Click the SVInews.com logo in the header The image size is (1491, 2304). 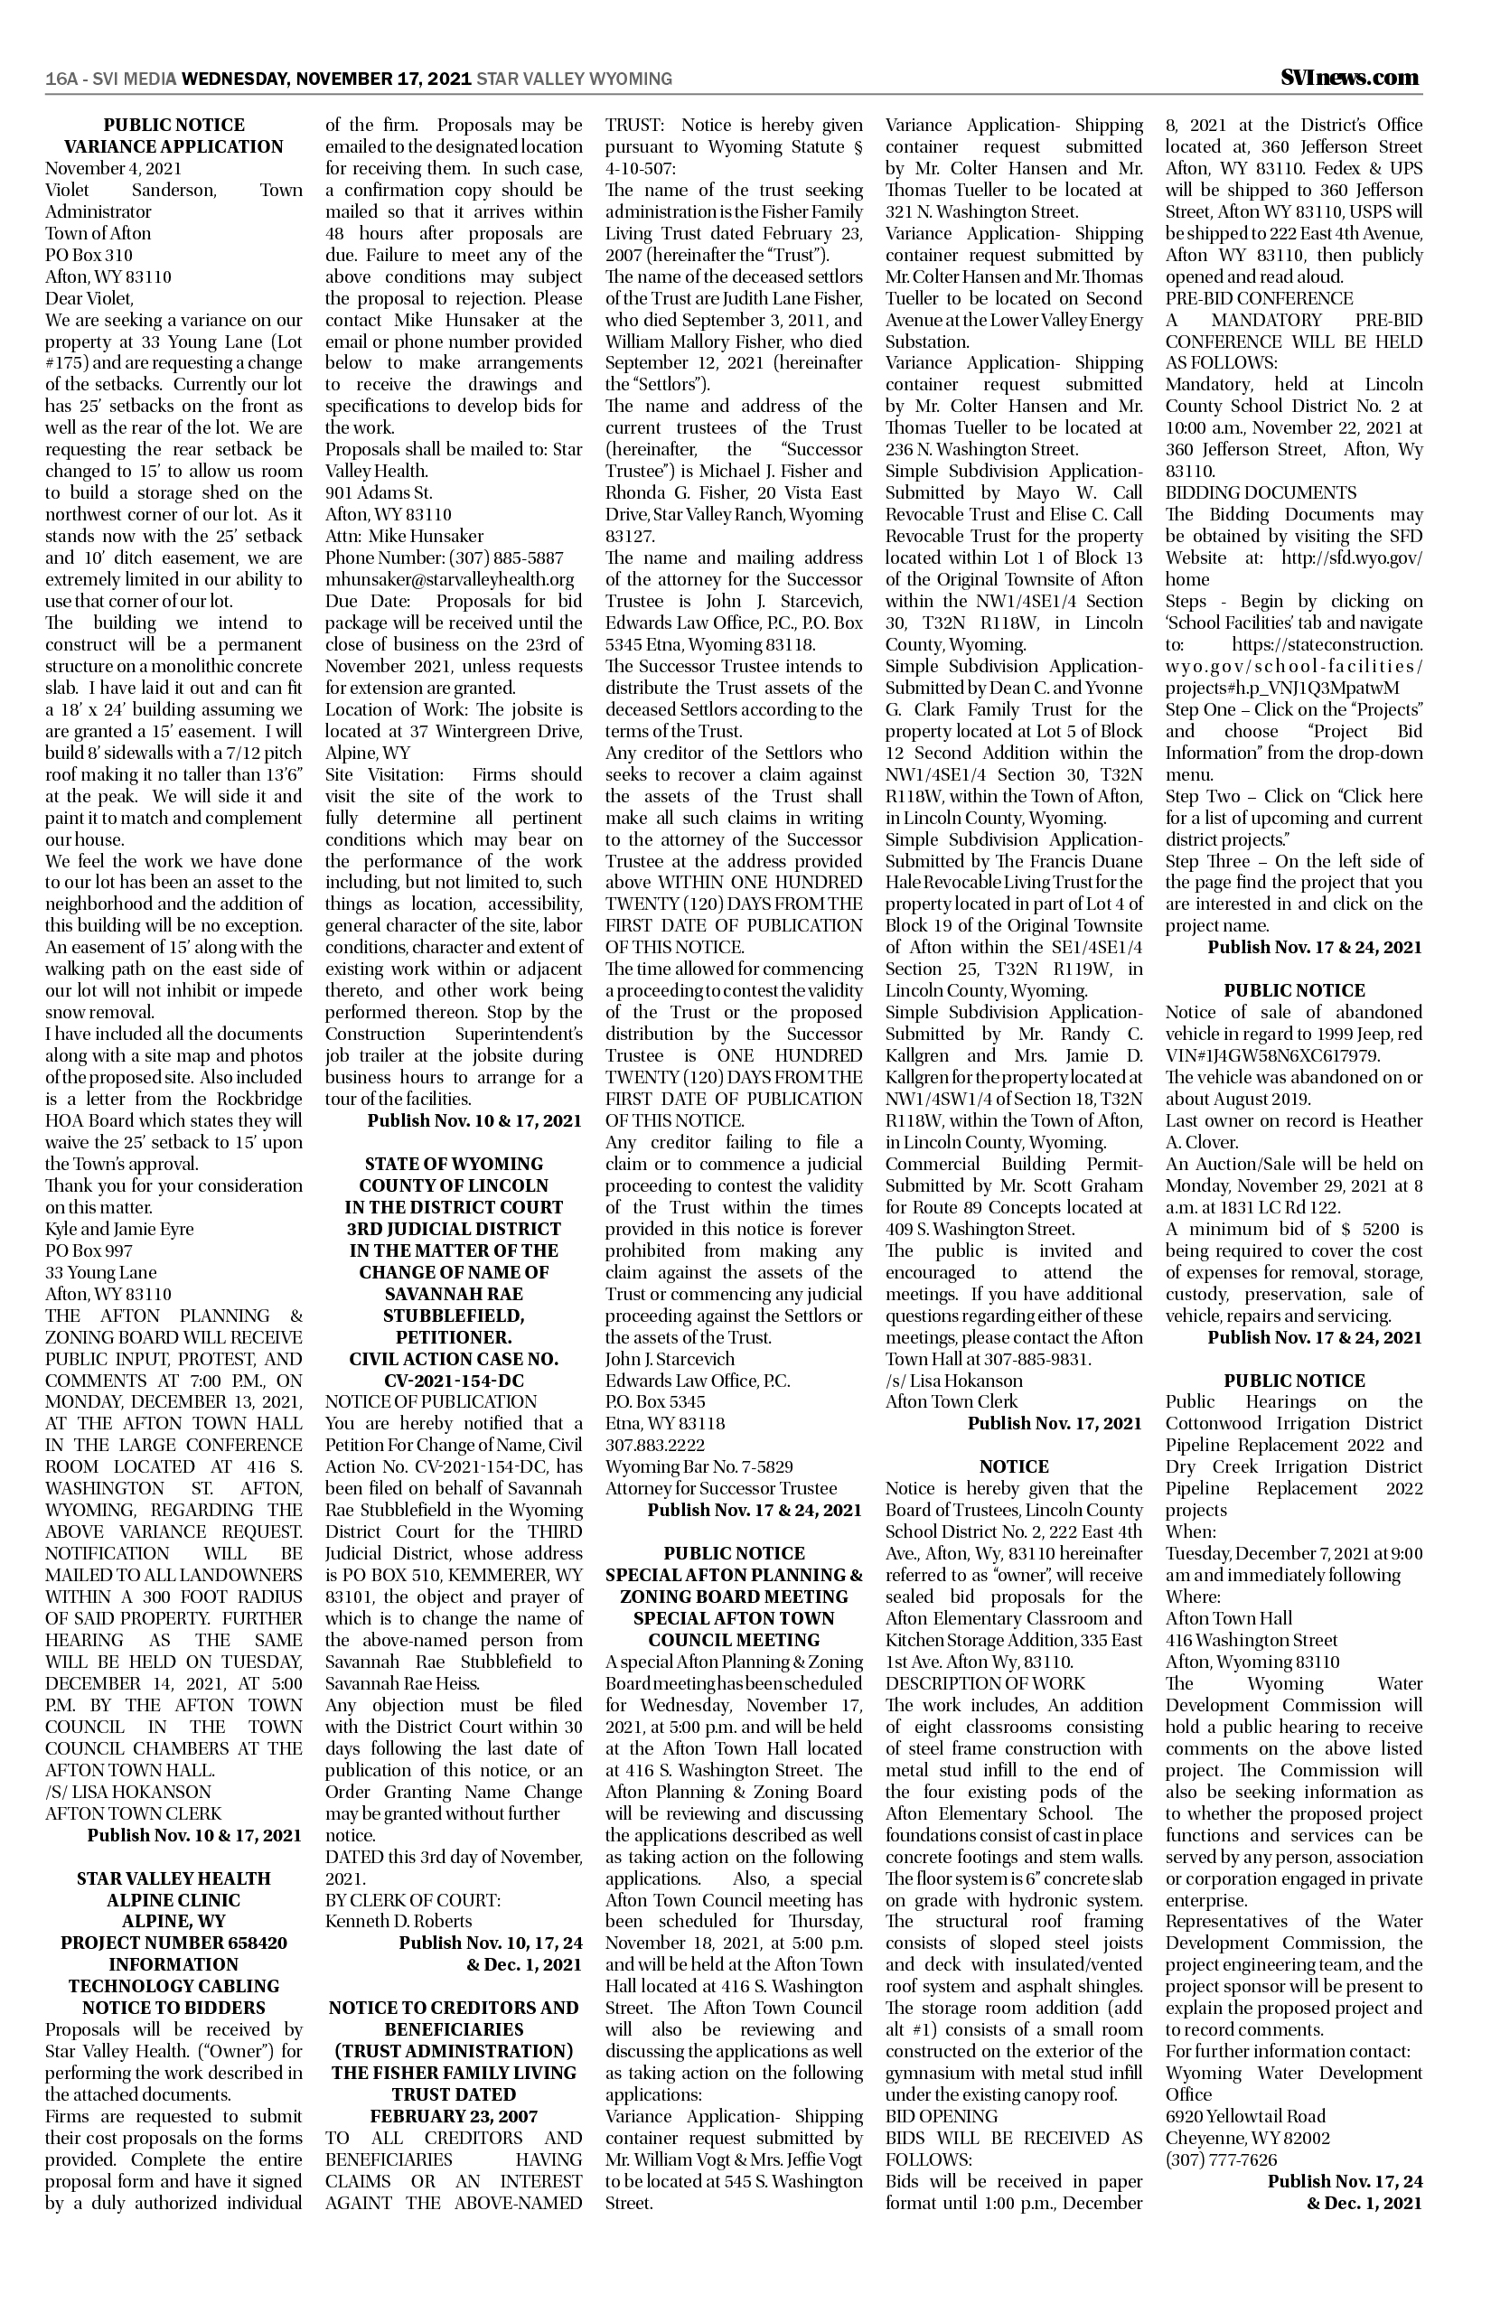coord(1351,78)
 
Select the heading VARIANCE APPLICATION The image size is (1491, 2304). coord(173,147)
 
